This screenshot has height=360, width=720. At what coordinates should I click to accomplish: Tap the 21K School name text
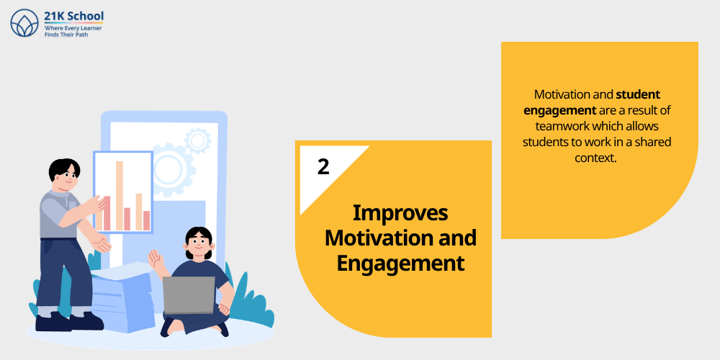73,16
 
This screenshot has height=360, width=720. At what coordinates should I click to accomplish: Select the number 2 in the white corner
323,166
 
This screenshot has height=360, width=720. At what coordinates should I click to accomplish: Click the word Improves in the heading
400,213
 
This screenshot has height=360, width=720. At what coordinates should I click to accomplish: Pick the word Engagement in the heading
400,263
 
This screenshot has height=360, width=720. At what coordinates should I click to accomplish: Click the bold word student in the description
638,94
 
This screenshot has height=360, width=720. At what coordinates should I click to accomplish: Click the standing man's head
63,174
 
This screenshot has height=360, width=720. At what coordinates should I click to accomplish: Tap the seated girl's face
198,245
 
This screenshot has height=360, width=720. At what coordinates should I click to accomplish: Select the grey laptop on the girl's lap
189,294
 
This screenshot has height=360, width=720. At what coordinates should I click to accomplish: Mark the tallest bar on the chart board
120,194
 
